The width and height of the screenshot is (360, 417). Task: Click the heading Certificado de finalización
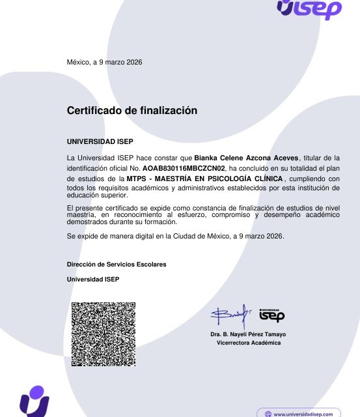132,111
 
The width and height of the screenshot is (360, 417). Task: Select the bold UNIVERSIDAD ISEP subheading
100,141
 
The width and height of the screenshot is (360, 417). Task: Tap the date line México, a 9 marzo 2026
104,62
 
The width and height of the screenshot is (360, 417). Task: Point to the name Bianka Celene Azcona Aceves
246,158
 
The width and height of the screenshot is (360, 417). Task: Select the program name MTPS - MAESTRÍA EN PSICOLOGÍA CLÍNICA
205,179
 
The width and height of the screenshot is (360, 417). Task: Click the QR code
104,334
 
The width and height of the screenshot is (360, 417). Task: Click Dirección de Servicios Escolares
117,265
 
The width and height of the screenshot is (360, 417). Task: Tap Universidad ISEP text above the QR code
93,280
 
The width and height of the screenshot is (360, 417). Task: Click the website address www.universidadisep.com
303,414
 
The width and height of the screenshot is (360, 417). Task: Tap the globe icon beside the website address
267,414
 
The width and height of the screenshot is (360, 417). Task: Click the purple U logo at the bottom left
34,401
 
